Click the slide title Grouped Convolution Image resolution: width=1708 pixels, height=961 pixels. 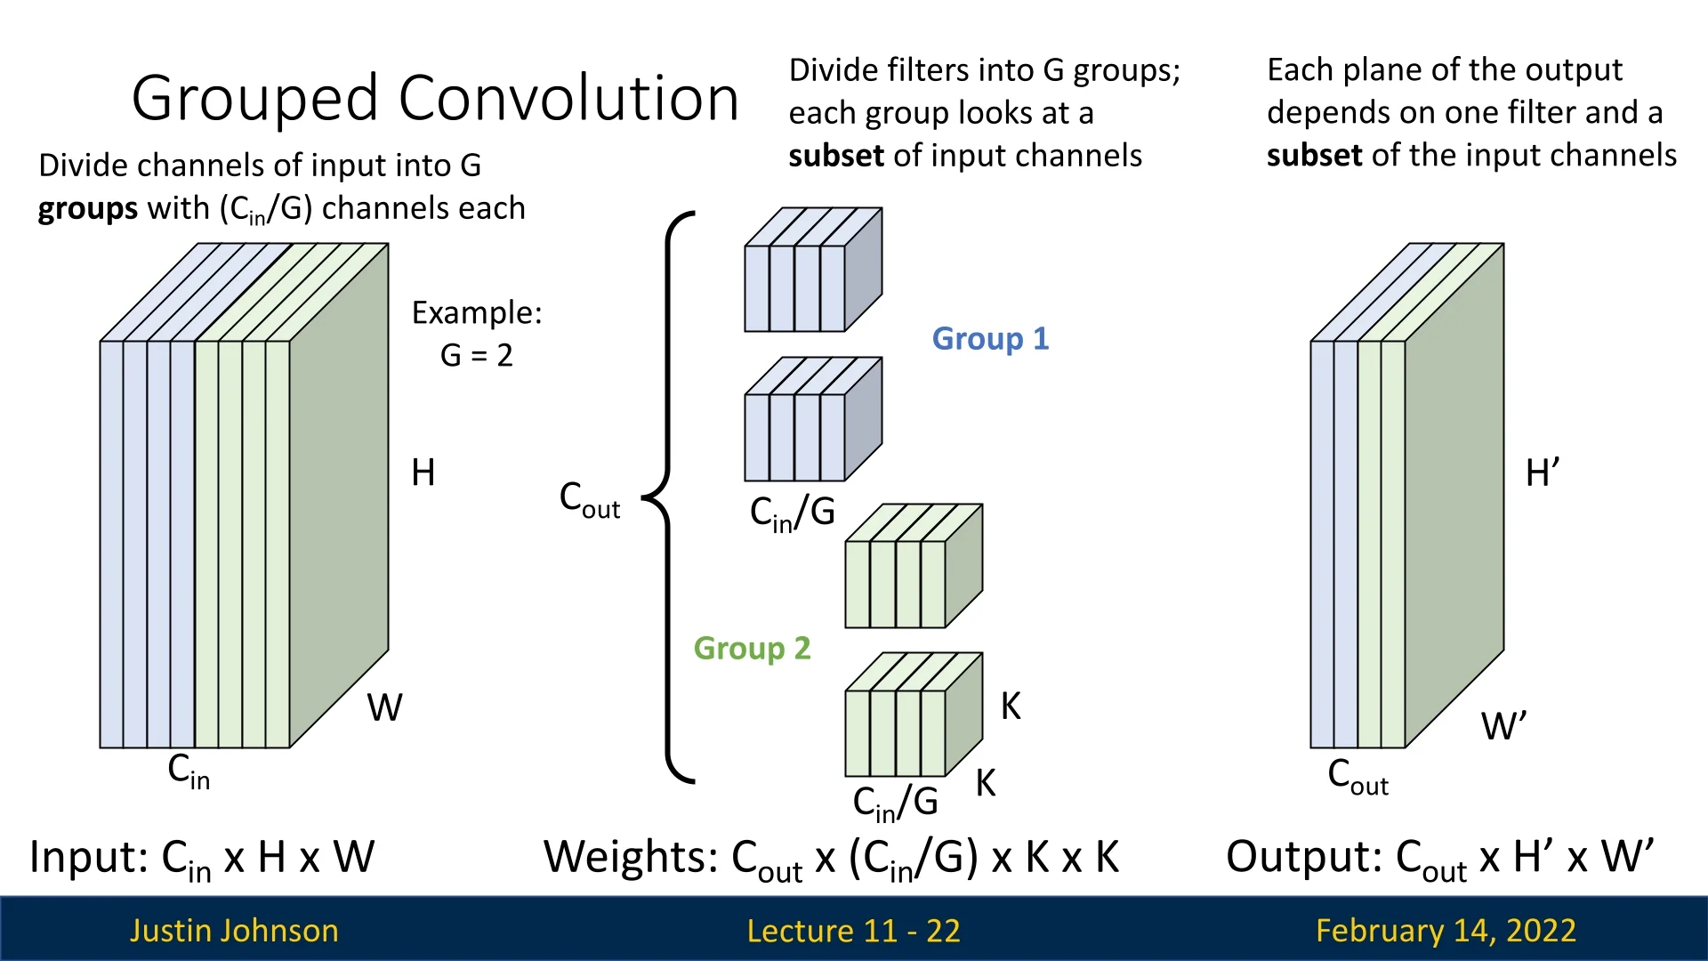coord(435,98)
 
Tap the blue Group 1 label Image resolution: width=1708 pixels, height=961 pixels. coord(990,339)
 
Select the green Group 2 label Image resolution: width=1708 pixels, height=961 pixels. coord(752,649)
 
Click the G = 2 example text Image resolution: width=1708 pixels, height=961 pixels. coord(477,356)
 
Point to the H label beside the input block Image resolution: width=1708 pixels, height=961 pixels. coord(423,472)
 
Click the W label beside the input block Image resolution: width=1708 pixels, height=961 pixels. coord(384,708)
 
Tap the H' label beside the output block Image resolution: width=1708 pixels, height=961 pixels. coord(1542,472)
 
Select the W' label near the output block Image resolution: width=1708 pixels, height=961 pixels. coord(1503,726)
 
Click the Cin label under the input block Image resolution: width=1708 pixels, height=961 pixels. coord(189,771)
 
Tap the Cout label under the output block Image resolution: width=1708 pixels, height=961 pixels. coord(1358,776)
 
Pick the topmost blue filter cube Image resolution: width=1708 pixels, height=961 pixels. coord(811,271)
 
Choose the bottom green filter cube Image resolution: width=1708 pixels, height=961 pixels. coord(912,715)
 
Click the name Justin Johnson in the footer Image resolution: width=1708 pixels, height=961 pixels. coord(234,931)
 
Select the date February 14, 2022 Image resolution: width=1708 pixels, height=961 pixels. coord(1446,931)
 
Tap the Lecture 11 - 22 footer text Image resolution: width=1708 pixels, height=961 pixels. coord(853,931)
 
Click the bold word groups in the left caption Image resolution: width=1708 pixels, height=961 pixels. coord(87,209)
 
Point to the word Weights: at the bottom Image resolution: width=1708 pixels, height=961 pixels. coord(631,858)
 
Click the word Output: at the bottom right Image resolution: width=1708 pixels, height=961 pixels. coord(1303,858)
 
